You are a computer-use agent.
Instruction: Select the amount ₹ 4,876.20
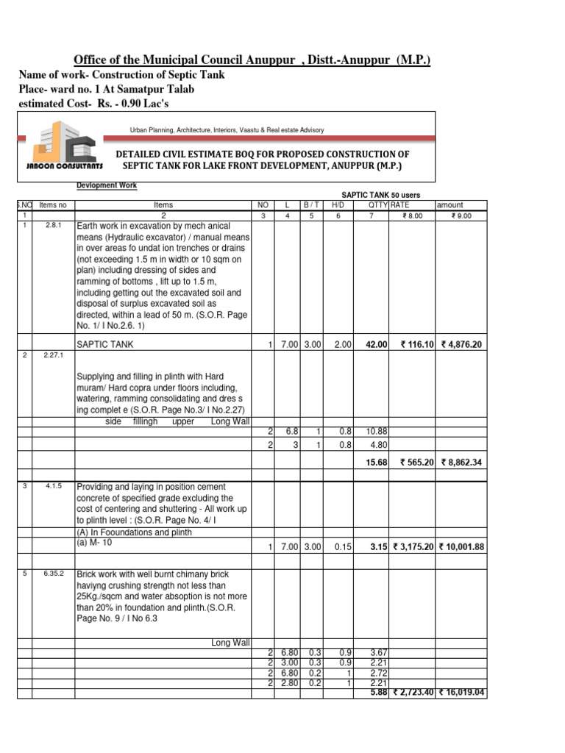461,344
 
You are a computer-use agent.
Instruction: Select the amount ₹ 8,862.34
461,463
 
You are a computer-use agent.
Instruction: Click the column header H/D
338,205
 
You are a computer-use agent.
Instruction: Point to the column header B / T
311,205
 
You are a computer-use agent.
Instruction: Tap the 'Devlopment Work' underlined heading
107,186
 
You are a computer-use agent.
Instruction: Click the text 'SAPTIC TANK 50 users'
381,195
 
